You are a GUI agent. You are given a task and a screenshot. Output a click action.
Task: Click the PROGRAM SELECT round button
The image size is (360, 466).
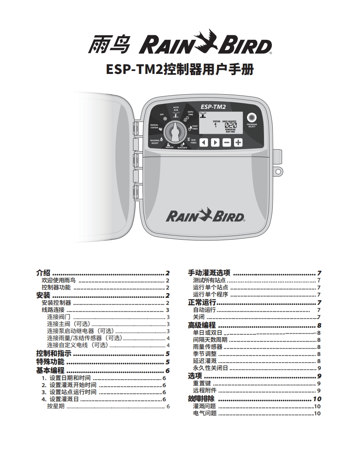coord(252,117)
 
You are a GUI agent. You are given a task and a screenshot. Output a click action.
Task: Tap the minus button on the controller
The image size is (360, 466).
coord(227,142)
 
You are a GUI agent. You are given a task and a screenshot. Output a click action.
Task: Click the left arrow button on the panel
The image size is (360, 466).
coord(204,142)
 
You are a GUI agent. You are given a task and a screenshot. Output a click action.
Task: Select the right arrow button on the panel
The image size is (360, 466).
coord(215,142)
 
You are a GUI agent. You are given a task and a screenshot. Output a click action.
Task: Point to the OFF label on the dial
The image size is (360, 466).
coord(162,114)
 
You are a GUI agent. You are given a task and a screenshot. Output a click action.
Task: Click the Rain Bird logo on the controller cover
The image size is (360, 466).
coord(205,216)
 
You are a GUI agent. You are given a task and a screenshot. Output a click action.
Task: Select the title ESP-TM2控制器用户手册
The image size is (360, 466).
coord(180,69)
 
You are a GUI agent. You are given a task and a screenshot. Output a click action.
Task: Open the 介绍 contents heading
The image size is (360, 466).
coord(43,273)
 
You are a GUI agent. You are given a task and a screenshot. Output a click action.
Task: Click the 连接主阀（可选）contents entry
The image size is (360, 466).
coord(69,324)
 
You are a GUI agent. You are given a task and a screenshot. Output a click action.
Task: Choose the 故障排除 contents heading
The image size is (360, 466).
coord(201,399)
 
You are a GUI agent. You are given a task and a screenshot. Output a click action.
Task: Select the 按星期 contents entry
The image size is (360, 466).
coord(56,406)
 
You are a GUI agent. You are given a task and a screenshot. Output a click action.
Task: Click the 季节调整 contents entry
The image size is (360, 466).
coord(205,354)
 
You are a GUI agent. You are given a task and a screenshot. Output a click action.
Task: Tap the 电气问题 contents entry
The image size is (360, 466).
coord(205,413)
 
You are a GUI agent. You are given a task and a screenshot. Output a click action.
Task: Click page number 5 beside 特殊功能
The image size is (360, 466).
coord(168,362)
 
